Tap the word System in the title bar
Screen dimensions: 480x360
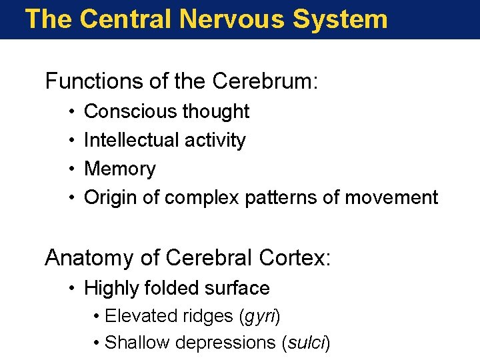point(341,19)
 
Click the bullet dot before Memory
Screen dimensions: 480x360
point(70,169)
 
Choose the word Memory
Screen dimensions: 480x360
point(120,169)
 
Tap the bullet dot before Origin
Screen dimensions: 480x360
point(70,198)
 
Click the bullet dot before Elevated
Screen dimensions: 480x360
point(97,316)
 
